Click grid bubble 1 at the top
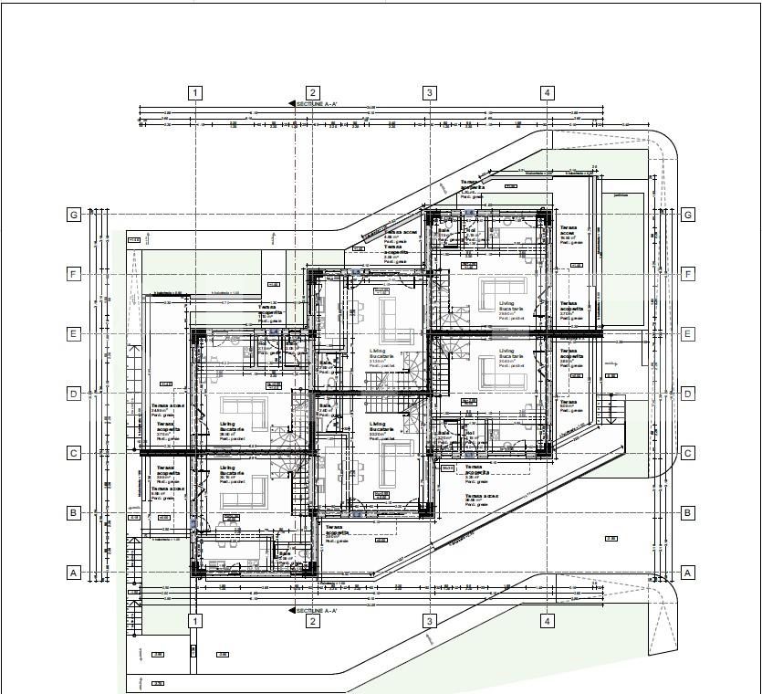(194, 92)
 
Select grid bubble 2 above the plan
(312, 92)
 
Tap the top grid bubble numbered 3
(429, 92)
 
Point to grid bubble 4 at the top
(547, 92)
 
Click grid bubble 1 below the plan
(194, 621)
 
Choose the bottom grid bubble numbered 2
(312, 621)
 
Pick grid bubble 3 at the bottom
(429, 621)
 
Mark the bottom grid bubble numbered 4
(547, 621)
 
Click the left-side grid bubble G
(74, 215)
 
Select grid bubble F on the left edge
(74, 274)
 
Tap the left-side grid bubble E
(74, 333)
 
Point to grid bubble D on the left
(74, 394)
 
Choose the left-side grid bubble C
(74, 453)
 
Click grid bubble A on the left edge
(74, 573)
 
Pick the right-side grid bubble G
(688, 215)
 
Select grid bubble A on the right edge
(688, 573)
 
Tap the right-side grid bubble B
(688, 513)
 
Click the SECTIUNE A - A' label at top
(315, 104)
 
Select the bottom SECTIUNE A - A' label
(315, 609)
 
